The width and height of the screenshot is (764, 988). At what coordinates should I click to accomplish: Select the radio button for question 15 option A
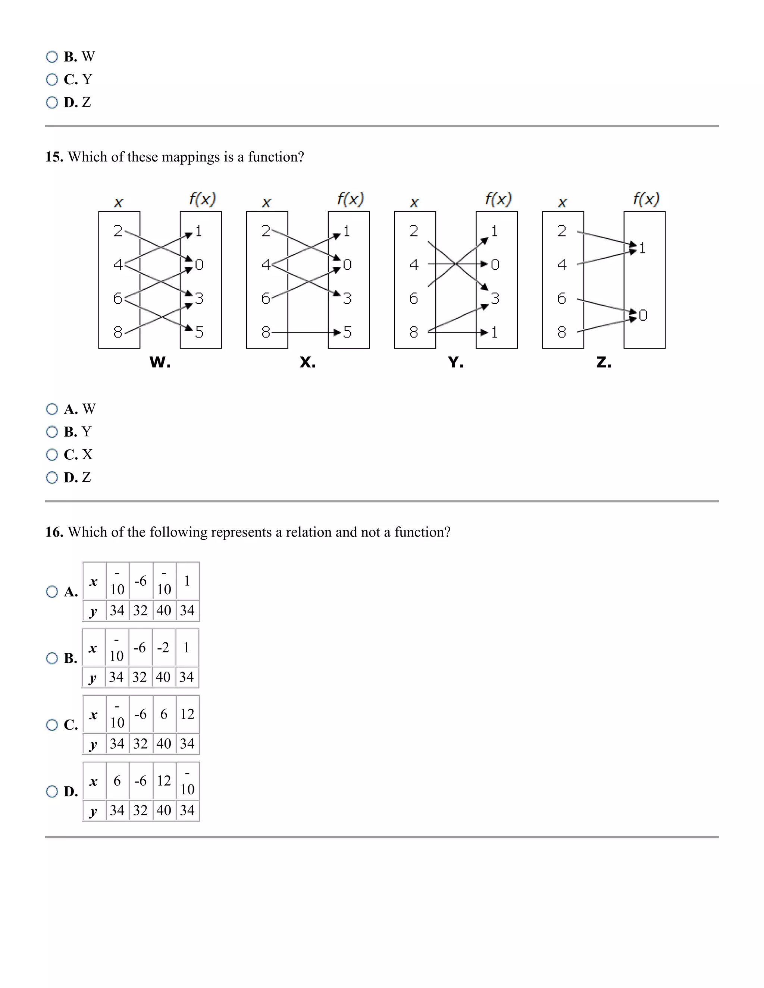(52, 409)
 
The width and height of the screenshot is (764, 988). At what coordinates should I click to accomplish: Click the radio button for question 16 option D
(52, 791)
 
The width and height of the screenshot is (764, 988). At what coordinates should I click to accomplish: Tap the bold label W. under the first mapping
(160, 362)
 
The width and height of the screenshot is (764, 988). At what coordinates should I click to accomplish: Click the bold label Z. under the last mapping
(604, 362)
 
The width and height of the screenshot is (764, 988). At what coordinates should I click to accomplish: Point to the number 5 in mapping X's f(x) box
(347, 332)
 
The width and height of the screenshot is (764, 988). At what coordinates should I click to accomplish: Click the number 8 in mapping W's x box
(118, 332)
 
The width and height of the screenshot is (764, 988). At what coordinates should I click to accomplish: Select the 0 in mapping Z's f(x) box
(643, 315)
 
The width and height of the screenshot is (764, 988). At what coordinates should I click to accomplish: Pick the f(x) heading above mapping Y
(498, 199)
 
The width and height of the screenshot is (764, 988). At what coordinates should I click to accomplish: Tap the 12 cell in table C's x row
(187, 714)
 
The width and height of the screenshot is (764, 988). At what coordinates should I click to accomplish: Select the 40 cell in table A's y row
(164, 610)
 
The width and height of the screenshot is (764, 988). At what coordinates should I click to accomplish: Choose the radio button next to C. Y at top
(52, 80)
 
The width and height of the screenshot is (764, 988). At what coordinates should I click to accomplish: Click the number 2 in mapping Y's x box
(414, 231)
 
